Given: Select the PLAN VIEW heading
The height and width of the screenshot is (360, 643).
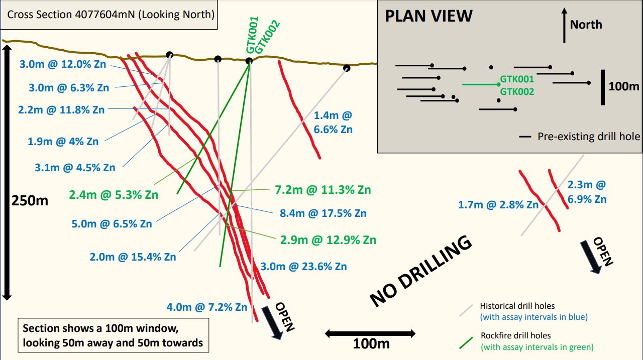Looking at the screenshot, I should click(428, 16).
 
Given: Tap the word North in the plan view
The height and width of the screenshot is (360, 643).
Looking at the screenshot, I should click(586, 25).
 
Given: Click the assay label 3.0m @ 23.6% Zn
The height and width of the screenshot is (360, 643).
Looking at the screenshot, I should click(303, 266).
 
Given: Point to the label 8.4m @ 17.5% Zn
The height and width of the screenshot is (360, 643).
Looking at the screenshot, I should click(323, 213).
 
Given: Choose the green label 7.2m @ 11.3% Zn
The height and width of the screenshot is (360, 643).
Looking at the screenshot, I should click(323, 190).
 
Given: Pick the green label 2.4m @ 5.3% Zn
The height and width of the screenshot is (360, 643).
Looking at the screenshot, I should click(114, 194).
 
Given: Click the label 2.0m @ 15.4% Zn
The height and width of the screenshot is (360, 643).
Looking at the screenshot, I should click(133, 257).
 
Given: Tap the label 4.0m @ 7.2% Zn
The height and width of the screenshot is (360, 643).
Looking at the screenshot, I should click(207, 307).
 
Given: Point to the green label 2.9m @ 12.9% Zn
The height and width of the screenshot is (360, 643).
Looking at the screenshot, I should click(328, 239).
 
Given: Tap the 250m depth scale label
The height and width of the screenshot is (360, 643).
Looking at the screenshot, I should click(30, 201).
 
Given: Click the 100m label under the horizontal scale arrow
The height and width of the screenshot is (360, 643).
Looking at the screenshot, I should click(371, 344).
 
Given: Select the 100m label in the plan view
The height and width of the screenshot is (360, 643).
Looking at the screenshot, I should click(624, 86).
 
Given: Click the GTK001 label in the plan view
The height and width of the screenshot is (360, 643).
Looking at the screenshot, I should click(517, 79).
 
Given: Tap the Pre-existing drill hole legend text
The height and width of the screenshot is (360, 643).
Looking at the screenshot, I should click(589, 136).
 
